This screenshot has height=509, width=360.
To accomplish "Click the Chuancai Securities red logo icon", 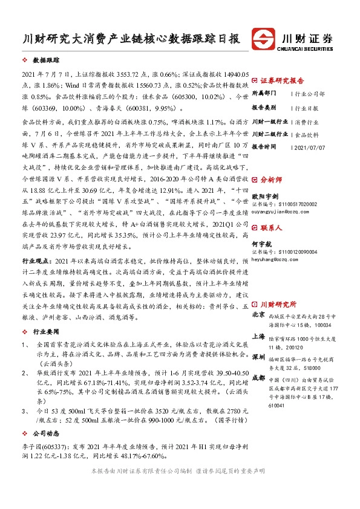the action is point(264,38).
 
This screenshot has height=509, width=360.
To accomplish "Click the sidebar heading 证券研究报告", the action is point(282,80).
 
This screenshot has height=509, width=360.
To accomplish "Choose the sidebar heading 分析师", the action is point(272,180).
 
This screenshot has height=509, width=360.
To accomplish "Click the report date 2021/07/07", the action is point(309,147).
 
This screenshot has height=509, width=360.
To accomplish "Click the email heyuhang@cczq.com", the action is point(275,258).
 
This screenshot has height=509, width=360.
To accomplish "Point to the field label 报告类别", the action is point(264,107).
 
